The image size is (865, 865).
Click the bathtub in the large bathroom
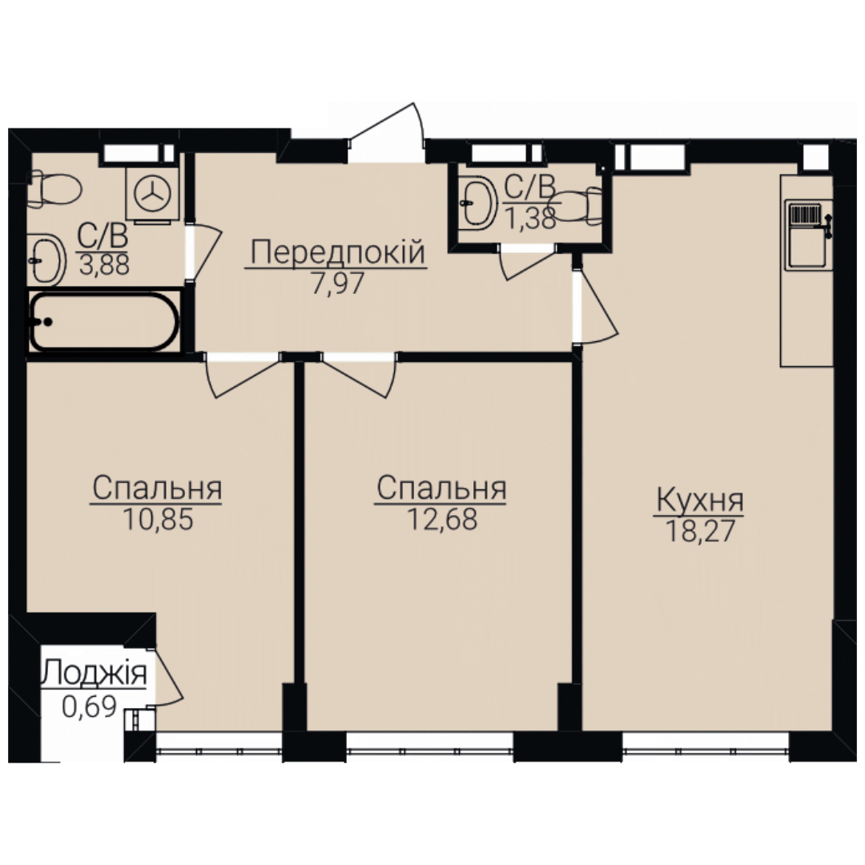click(104, 322)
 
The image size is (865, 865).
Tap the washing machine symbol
click(153, 195)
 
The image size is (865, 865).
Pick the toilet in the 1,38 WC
click(577, 206)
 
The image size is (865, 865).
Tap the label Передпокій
click(338, 252)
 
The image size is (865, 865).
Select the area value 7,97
click(338, 284)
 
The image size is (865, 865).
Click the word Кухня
click(699, 501)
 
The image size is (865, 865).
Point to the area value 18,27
click(700, 532)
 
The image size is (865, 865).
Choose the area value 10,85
click(158, 519)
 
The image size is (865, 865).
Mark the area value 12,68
click(442, 519)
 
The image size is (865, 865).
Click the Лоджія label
click(95, 673)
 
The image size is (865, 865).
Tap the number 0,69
click(89, 706)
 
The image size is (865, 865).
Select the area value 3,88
click(104, 265)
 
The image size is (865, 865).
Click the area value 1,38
click(530, 219)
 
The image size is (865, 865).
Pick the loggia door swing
click(166, 676)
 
